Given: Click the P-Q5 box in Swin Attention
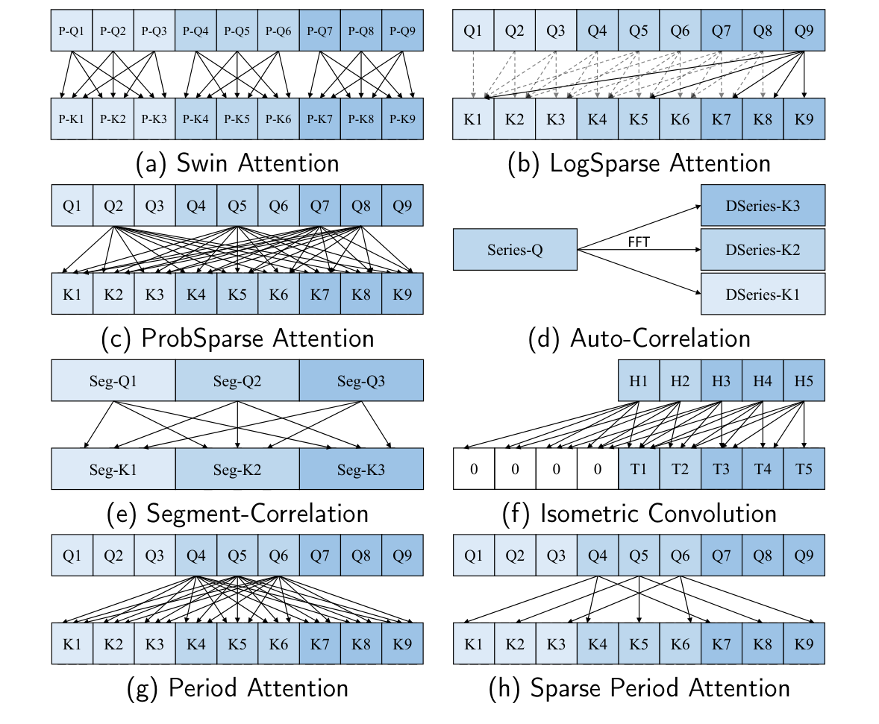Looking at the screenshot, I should point(237,31).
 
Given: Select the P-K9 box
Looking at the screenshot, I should point(402,119).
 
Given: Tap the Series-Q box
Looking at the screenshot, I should point(515,250).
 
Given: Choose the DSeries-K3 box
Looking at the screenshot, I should point(763,206).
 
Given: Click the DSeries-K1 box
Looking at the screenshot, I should point(763,294).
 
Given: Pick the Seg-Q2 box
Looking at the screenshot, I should point(237,381).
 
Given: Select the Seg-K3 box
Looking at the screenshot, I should point(361,469).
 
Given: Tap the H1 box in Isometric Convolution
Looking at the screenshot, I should point(639,381).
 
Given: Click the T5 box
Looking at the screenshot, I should point(804,469).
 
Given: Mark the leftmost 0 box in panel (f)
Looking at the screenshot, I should point(474,469).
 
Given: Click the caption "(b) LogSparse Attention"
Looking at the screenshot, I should point(639,163).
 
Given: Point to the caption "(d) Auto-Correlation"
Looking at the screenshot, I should point(639,338).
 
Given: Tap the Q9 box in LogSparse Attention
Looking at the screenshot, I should point(804,31).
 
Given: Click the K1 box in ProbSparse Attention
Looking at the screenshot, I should point(72,294).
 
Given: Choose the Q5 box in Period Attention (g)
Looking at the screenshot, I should point(237,555).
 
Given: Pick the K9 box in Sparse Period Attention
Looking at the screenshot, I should point(804,643).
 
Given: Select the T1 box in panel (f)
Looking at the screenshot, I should point(639,469).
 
